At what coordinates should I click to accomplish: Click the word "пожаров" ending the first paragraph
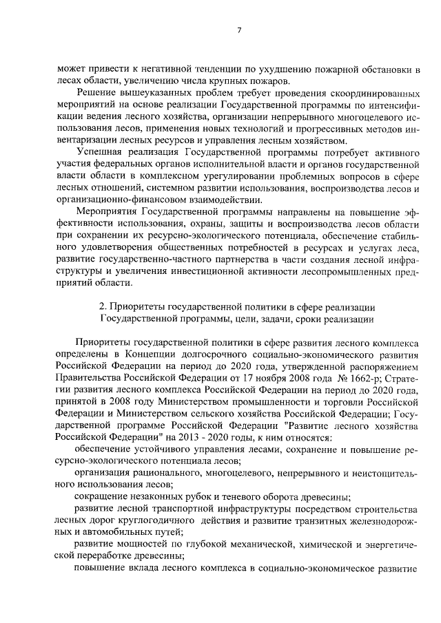click(259, 81)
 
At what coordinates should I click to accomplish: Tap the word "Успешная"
click(100, 152)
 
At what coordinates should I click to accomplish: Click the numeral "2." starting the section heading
click(103, 307)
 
